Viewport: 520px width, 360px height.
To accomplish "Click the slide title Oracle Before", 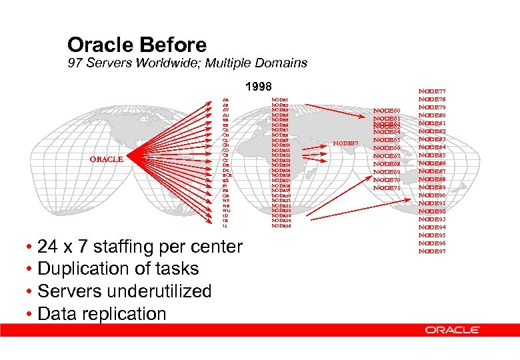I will (137, 45).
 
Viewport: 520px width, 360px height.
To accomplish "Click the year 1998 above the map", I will (259, 87).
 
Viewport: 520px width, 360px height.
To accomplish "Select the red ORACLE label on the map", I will (107, 159).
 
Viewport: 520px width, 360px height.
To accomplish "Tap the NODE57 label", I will (345, 143).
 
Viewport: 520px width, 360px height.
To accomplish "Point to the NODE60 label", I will (387, 110).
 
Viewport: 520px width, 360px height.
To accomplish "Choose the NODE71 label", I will (387, 188).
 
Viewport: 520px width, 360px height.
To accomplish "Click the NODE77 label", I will (432, 91).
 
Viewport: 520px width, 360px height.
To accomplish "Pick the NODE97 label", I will (432, 251).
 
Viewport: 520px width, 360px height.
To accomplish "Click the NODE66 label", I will (387, 148).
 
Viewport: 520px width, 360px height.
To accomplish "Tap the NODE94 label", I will (432, 227).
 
